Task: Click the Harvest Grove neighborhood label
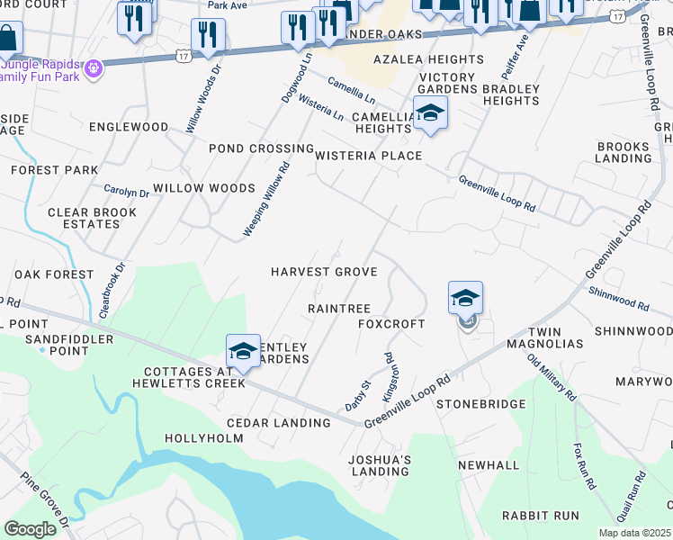click(x=324, y=272)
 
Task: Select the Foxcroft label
click(x=391, y=323)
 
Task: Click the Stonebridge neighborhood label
click(x=480, y=404)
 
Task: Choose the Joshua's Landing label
click(x=381, y=465)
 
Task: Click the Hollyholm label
click(x=204, y=438)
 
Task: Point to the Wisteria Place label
click(x=368, y=156)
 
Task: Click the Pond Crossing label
click(x=261, y=148)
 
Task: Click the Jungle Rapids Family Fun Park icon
click(x=93, y=67)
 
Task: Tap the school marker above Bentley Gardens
click(x=243, y=352)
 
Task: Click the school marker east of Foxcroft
click(x=465, y=299)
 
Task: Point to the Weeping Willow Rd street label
click(x=266, y=199)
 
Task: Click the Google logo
click(x=31, y=529)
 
